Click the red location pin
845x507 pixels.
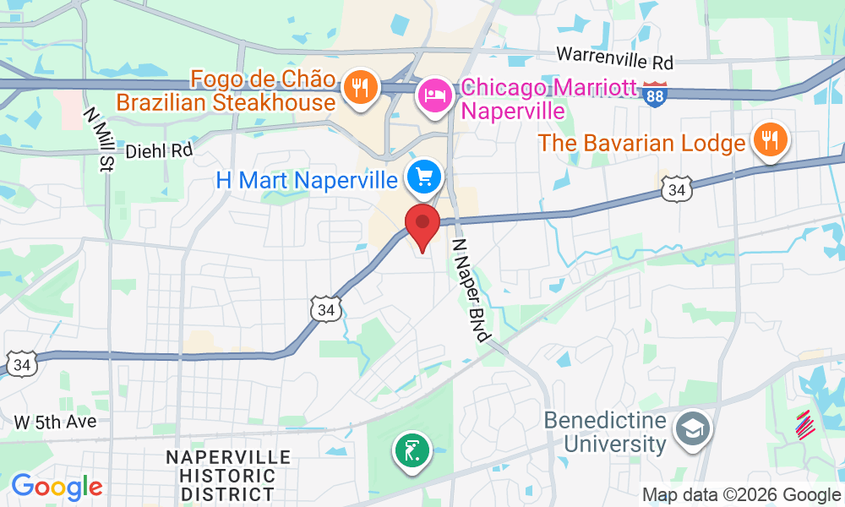tap(422, 223)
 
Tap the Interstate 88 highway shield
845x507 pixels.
tap(654, 93)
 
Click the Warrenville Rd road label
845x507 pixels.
tap(614, 61)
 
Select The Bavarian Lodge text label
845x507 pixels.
tap(642, 143)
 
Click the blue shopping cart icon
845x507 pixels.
tap(423, 177)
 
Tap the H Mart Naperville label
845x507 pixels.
tap(307, 180)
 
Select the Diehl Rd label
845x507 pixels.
tap(159, 151)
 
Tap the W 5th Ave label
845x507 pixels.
tap(55, 421)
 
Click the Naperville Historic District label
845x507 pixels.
tap(228, 476)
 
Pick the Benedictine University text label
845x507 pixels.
tap(605, 432)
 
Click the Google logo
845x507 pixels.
tap(56, 488)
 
